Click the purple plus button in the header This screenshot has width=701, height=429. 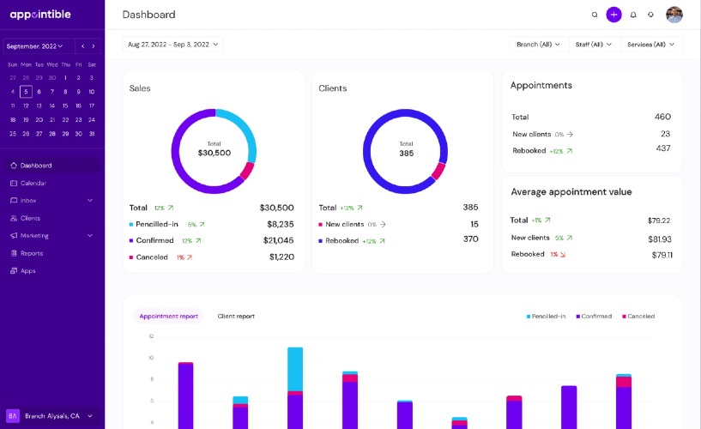click(x=613, y=15)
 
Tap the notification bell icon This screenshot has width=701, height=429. click(x=633, y=15)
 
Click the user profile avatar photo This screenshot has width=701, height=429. click(x=674, y=15)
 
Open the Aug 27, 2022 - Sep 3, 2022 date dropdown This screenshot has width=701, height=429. click(x=173, y=45)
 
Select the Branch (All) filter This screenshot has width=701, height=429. click(x=539, y=45)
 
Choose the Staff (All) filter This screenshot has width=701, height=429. click(x=594, y=45)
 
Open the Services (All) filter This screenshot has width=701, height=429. click(x=651, y=45)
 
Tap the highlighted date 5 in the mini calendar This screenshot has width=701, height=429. click(x=26, y=92)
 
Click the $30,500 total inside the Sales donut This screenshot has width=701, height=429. click(x=215, y=153)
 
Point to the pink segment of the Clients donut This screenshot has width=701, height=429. click(x=438, y=171)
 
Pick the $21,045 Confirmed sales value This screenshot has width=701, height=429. click(x=278, y=240)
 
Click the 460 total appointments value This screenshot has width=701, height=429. click(x=662, y=117)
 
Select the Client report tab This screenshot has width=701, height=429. click(x=236, y=317)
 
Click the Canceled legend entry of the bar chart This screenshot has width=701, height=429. click(x=638, y=317)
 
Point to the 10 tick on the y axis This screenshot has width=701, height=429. click(x=151, y=358)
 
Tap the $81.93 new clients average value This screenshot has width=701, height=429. click(x=660, y=239)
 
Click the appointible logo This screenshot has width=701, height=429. click(x=40, y=15)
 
